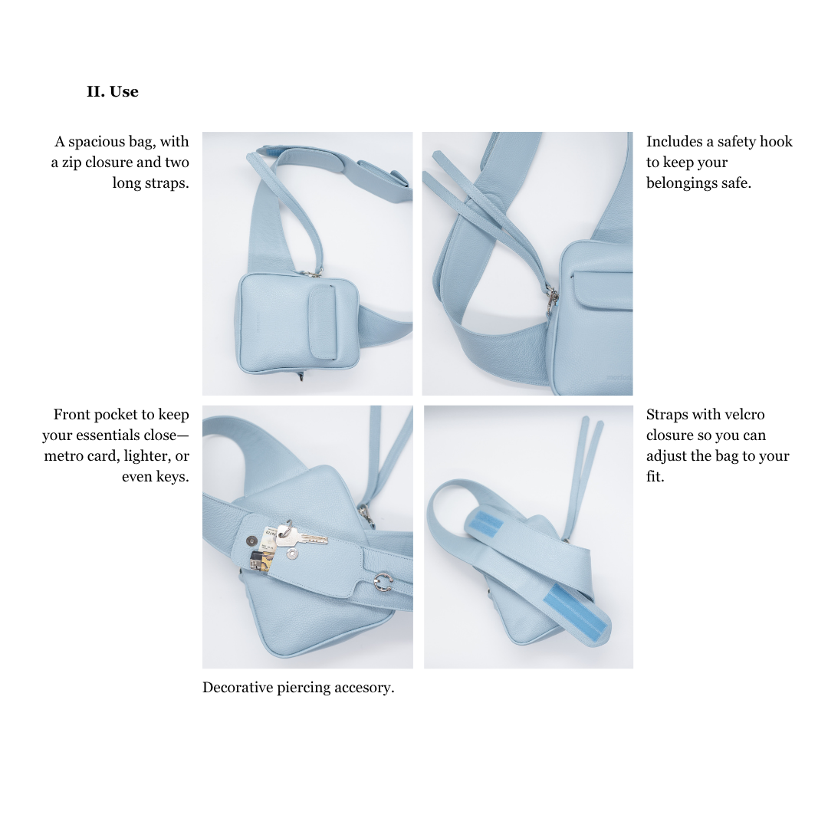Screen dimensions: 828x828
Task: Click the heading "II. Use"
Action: pyautogui.click(x=113, y=91)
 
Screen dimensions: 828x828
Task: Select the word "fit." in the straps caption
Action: pyautogui.click(x=655, y=476)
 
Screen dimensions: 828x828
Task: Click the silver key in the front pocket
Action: pyautogui.click(x=301, y=534)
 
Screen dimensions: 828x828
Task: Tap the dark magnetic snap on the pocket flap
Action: pyautogui.click(x=252, y=540)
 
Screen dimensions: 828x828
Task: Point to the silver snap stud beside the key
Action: pyautogui.click(x=291, y=554)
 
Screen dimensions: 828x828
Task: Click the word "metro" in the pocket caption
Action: pyautogui.click(x=63, y=455)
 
